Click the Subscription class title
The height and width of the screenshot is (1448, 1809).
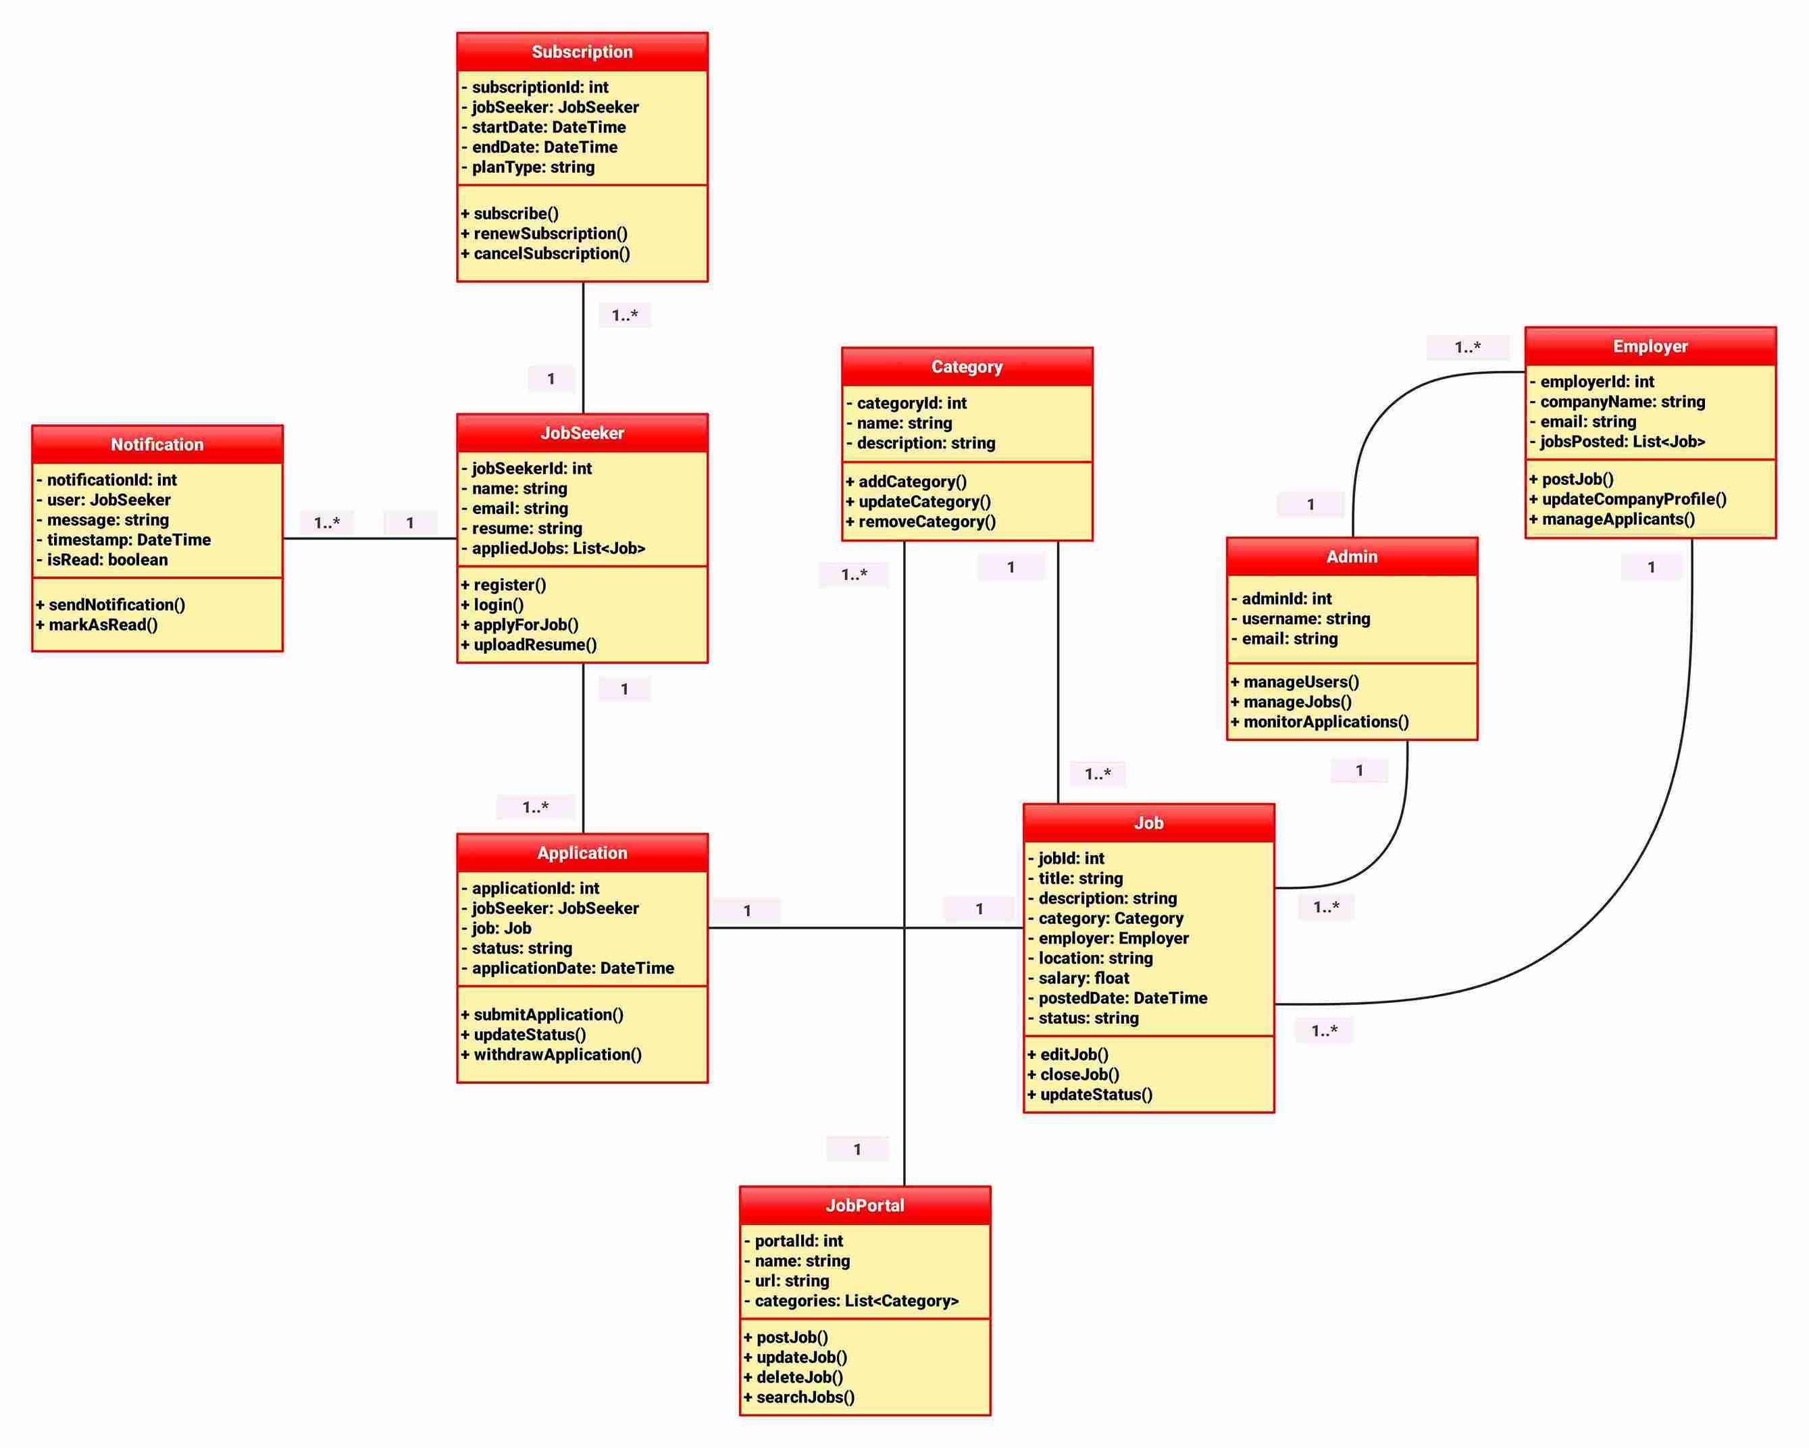tap(582, 52)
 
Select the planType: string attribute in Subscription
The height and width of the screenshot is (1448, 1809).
tap(533, 167)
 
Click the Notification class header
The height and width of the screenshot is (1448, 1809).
tap(157, 444)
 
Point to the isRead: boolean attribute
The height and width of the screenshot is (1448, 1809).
tap(107, 560)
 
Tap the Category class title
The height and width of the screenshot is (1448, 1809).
tap(967, 367)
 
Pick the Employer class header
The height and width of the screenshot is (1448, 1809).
tap(1650, 346)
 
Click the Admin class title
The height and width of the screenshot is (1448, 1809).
tap(1351, 557)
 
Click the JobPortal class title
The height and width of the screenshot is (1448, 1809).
tap(864, 1206)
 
